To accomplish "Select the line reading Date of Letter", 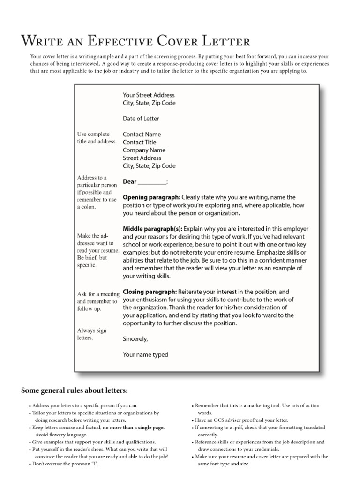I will point(141,119).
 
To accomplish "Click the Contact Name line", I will point(142,135).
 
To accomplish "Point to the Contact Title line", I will point(140,142).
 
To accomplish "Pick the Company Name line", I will point(144,150).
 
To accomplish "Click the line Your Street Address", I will point(149,95).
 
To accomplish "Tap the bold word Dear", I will point(130,182).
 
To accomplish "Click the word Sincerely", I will point(135,339).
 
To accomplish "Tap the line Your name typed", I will point(145,355).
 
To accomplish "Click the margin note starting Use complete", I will point(96,138).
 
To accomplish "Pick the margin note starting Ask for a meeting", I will point(97,301).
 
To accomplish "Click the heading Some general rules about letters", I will point(75,390).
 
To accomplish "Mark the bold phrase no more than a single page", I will point(134,428).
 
